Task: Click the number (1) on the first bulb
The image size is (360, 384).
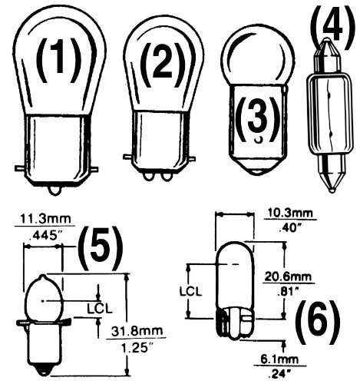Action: tap(59, 61)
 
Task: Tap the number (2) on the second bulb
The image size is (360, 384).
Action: tap(163, 65)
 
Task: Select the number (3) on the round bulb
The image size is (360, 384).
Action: tap(257, 121)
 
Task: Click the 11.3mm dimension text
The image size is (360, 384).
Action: tap(45, 219)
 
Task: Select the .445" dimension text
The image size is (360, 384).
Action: tap(45, 235)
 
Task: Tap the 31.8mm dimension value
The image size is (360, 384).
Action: tap(137, 331)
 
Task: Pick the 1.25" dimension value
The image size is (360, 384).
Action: tap(136, 347)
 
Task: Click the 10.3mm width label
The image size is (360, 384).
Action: tap(289, 212)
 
